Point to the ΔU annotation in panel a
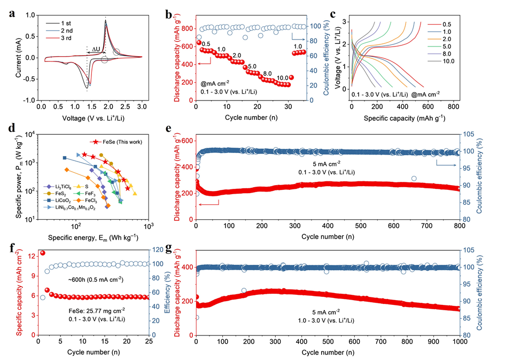tap(95, 49)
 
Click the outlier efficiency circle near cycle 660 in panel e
tap(414, 179)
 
